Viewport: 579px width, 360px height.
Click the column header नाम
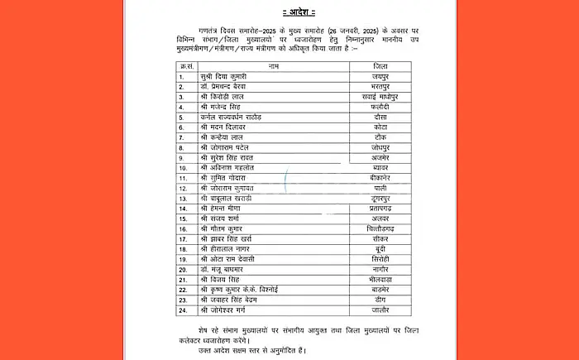[x=272, y=65]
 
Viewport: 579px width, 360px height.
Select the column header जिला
[x=380, y=65]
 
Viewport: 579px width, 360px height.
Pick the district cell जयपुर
[x=380, y=75]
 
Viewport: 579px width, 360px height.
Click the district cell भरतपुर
[x=380, y=86]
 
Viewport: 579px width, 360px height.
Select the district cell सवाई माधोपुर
[x=380, y=96]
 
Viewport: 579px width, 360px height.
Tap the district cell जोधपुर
[x=380, y=147]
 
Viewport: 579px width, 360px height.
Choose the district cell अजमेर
[x=380, y=157]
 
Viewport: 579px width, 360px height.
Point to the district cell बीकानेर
[x=380, y=178]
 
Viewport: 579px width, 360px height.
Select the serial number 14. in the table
[x=184, y=209]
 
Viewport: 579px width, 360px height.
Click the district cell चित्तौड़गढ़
[x=380, y=228]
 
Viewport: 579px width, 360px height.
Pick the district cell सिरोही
[x=380, y=259]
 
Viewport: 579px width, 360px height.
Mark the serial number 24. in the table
[x=184, y=310]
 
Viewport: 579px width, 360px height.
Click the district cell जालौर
[x=380, y=310]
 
